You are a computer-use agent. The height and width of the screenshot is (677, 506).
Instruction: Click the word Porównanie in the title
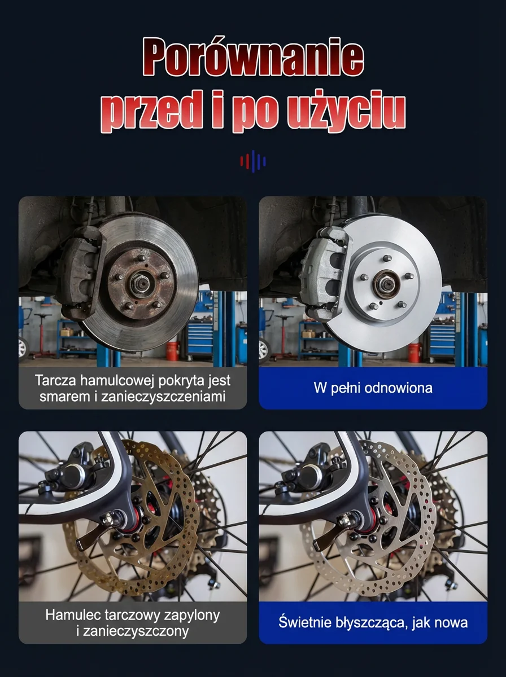click(253, 56)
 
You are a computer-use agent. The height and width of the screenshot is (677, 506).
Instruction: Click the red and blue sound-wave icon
click(253, 161)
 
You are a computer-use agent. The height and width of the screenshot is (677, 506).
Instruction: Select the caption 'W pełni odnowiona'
click(373, 388)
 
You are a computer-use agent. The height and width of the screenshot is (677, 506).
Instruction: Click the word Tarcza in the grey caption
click(55, 380)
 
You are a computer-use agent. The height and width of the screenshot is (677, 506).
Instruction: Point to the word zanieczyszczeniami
click(163, 397)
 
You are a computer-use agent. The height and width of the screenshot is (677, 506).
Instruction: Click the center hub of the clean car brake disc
click(386, 284)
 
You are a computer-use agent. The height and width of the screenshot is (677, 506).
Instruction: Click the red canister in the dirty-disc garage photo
click(172, 351)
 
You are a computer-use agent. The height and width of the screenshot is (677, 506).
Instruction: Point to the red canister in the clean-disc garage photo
click(414, 353)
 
